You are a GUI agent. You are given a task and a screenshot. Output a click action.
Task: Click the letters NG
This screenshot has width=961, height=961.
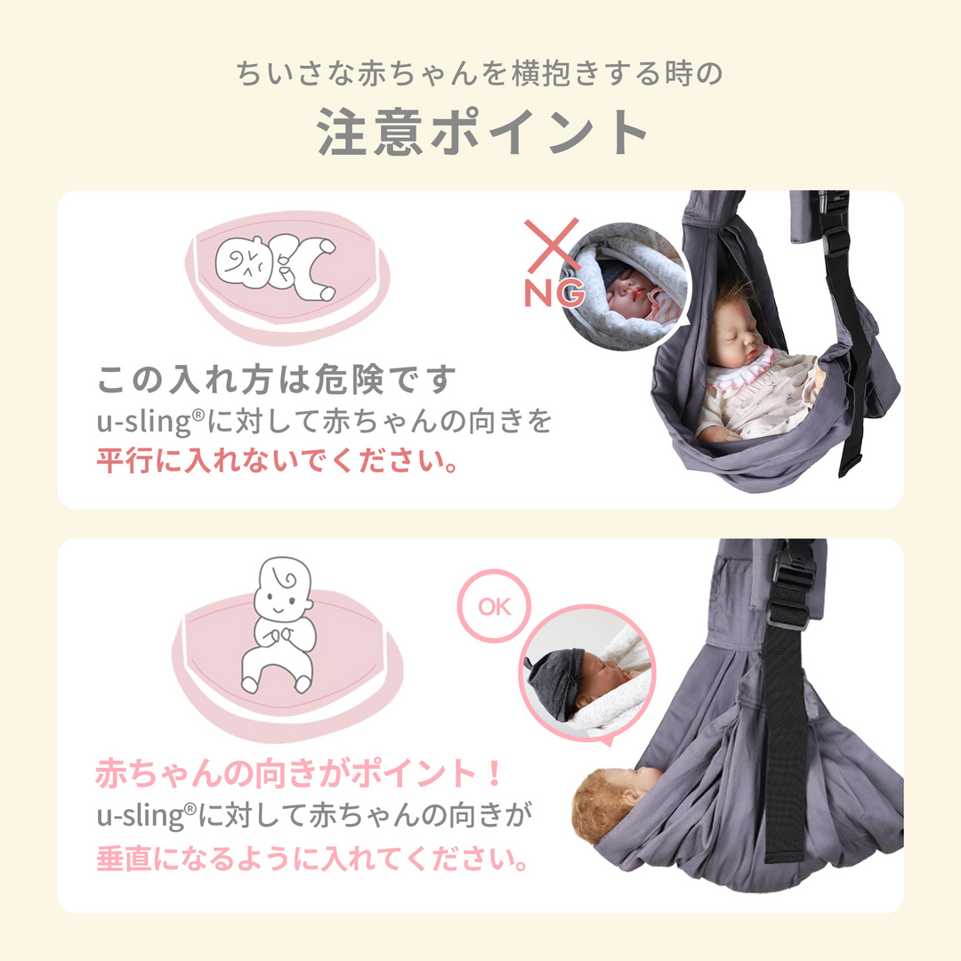click(553, 291)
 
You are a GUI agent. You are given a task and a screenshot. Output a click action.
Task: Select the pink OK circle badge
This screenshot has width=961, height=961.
click(494, 608)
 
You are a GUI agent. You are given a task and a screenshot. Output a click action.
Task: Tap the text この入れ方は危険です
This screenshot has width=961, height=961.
click(276, 380)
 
